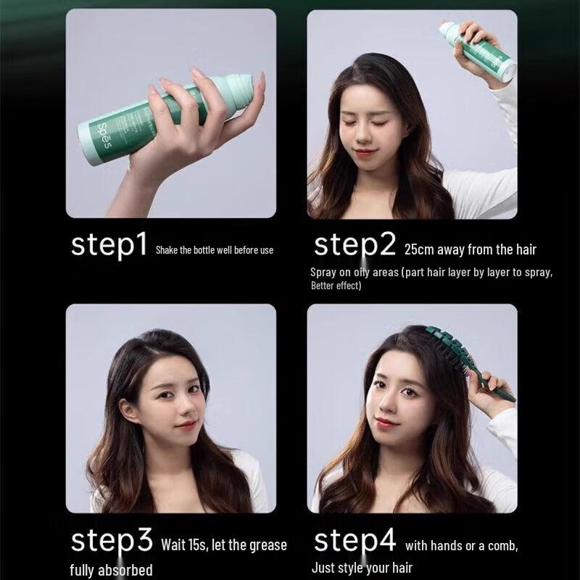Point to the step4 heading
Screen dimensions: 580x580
tap(355, 542)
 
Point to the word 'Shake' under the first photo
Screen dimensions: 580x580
tap(167, 250)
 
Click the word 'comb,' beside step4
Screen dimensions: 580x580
tap(500, 544)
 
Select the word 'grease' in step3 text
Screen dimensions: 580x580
tap(267, 544)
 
